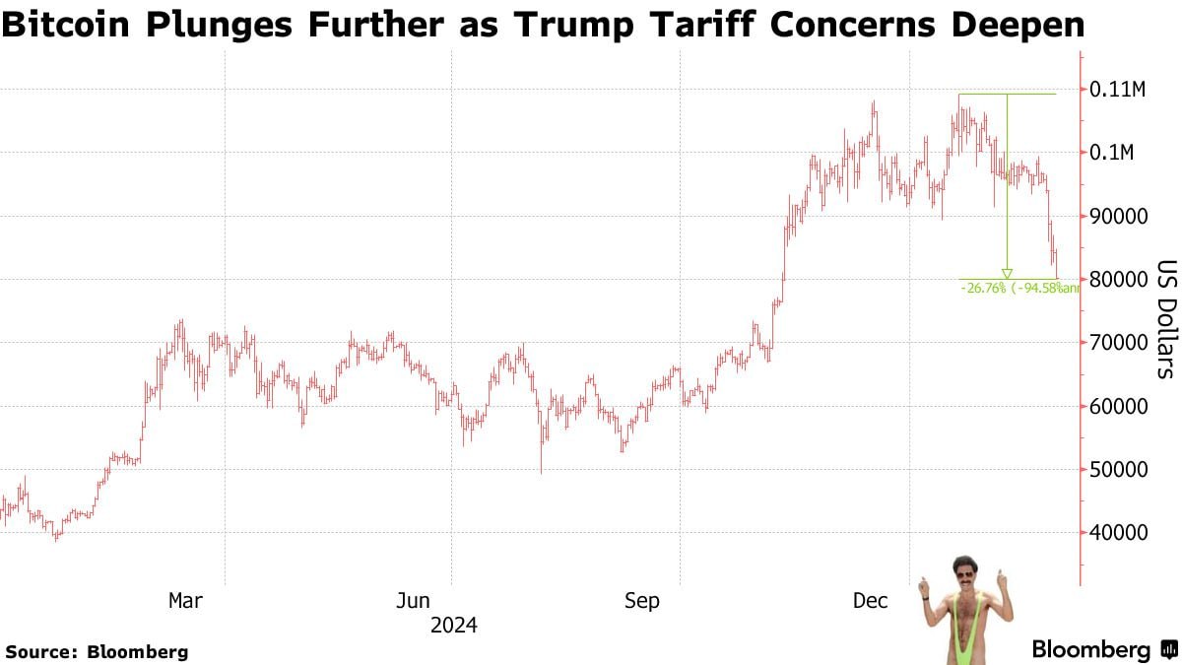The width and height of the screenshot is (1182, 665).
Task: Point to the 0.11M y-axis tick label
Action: tap(1117, 90)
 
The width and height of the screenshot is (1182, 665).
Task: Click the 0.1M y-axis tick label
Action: tap(1112, 153)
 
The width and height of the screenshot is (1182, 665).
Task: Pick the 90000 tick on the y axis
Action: tap(1118, 216)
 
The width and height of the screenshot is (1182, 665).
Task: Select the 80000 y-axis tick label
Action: tap(1118, 280)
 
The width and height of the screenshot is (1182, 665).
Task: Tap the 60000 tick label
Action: tap(1118, 406)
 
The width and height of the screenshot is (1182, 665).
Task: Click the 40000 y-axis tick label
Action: tap(1118, 533)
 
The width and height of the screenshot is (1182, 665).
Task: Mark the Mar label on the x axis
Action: tap(185, 600)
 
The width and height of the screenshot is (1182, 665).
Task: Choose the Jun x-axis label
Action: tap(414, 600)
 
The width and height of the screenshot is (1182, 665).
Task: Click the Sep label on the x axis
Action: tap(642, 600)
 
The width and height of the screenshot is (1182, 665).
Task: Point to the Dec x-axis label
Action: tap(871, 600)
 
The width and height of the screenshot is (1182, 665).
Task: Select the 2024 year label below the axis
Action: tap(453, 625)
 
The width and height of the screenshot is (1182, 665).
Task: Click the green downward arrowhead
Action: tap(1007, 273)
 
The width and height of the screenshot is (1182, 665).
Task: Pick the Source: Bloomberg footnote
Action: tap(97, 651)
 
